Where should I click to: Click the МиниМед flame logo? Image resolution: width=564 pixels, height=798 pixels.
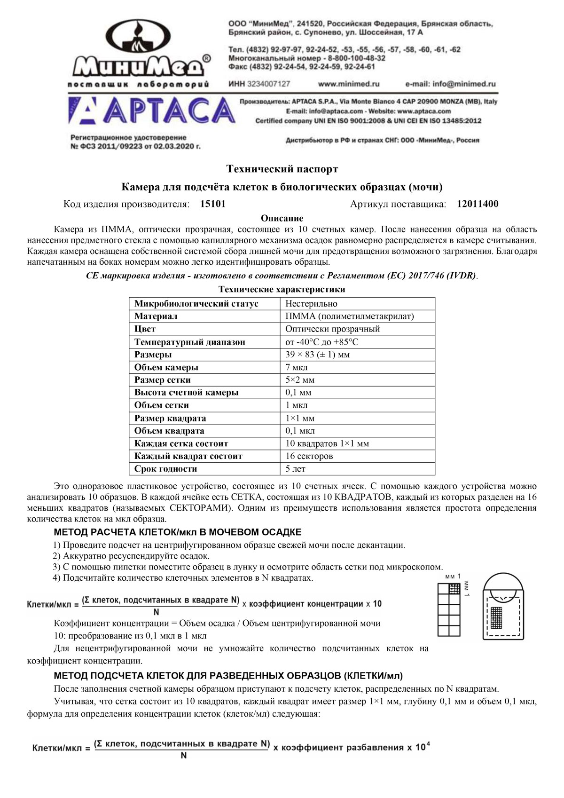139,52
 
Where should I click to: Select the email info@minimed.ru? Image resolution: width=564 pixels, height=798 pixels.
450,84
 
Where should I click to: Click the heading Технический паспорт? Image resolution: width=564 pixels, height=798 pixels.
282,168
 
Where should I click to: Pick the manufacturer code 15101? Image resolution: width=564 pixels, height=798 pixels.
213,204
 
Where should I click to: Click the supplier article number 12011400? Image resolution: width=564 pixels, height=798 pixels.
477,204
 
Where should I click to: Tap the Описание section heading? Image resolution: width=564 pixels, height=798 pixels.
282,218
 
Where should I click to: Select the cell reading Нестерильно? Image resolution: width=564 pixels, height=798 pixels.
311,304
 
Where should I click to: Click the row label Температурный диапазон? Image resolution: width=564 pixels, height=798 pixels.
189,342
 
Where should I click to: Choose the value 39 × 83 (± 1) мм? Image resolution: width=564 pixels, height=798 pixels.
317,355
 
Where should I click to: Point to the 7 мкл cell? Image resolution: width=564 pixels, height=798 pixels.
297,367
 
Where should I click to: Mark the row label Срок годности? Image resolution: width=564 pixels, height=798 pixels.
165,469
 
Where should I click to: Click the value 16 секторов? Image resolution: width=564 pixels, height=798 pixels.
309,456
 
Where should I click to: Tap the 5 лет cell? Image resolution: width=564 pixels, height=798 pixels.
296,469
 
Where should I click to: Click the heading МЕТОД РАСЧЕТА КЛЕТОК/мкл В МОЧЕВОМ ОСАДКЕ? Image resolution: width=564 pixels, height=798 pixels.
178,532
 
